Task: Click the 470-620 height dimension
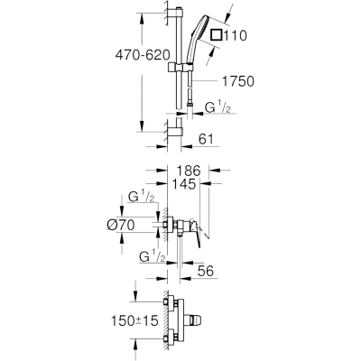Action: (143, 55)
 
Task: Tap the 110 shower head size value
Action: (236, 35)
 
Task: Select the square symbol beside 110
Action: (217, 34)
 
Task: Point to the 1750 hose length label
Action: (238, 81)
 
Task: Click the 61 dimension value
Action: (206, 139)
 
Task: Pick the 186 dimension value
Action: (189, 171)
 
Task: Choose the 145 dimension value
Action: (185, 183)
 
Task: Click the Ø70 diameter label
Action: (121, 225)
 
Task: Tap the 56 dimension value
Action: (206, 271)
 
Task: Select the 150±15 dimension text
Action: (134, 321)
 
